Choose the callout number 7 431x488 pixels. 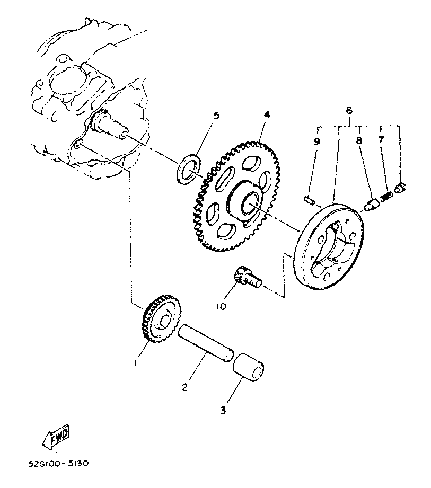[x=380, y=140]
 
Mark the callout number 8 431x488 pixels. [x=359, y=141]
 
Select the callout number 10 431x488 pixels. [x=221, y=306]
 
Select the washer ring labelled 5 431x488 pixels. [x=189, y=167]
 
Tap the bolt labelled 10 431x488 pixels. [x=247, y=278]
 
